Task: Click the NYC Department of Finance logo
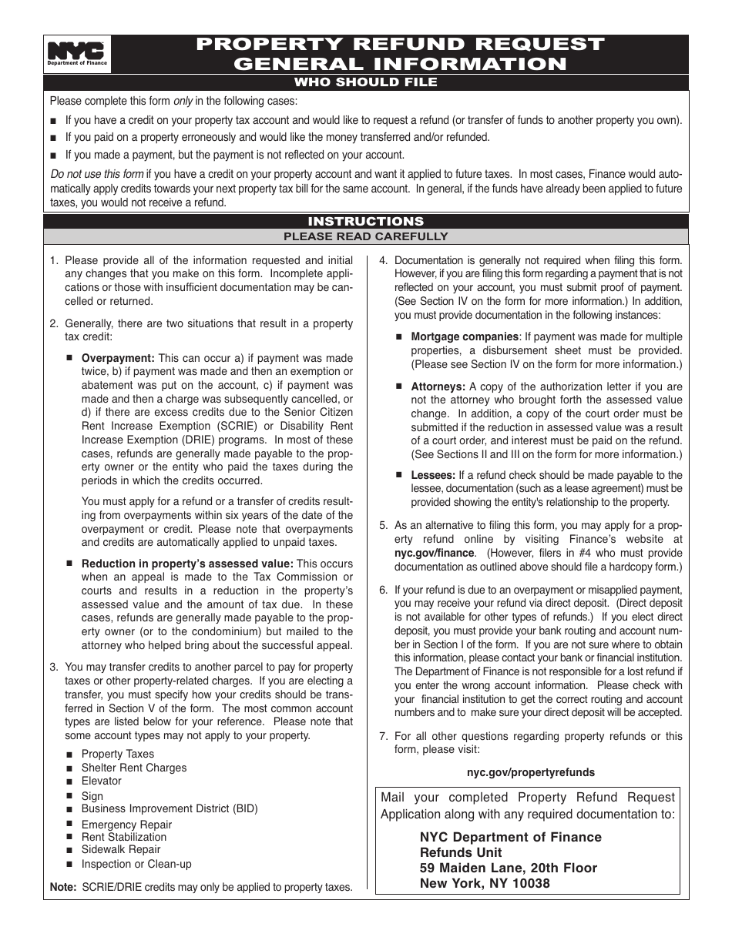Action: [77, 55]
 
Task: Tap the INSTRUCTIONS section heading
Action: [367, 221]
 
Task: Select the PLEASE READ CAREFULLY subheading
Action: [367, 236]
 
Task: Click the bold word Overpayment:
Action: [119, 358]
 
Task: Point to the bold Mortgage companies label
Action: [465, 336]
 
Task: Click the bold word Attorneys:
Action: [438, 386]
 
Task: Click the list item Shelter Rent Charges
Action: [134, 768]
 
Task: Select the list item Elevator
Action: [102, 781]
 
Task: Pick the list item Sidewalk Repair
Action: [121, 850]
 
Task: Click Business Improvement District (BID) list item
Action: [170, 808]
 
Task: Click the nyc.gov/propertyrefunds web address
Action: [531, 772]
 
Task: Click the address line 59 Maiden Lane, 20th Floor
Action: [509, 868]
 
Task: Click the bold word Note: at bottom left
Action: [63, 887]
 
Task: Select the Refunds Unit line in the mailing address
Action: [461, 852]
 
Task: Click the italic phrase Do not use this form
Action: [96, 174]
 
